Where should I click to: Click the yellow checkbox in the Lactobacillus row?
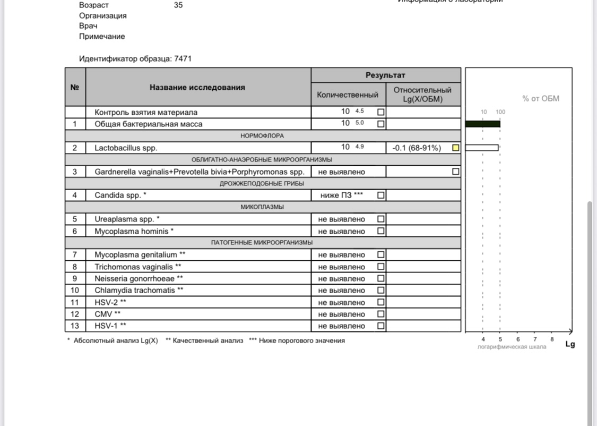(x=455, y=148)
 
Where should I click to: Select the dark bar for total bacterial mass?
(x=482, y=124)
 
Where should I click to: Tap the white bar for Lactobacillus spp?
(x=482, y=148)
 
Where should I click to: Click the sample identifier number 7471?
(x=183, y=58)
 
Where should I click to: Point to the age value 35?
(x=178, y=5)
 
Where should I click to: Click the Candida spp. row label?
(x=120, y=195)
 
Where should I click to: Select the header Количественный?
(x=348, y=95)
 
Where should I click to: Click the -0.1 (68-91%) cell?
(x=417, y=148)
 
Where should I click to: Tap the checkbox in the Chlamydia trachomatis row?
(x=380, y=290)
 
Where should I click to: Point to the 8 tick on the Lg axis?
(x=552, y=339)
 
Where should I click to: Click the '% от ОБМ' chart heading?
(x=541, y=98)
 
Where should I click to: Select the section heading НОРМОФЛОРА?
(x=262, y=136)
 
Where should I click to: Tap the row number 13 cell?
(x=75, y=326)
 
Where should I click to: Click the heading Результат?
(x=385, y=75)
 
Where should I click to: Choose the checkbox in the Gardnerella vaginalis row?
(x=455, y=172)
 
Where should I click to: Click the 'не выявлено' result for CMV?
(x=342, y=314)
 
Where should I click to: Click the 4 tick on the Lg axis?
(x=483, y=339)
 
